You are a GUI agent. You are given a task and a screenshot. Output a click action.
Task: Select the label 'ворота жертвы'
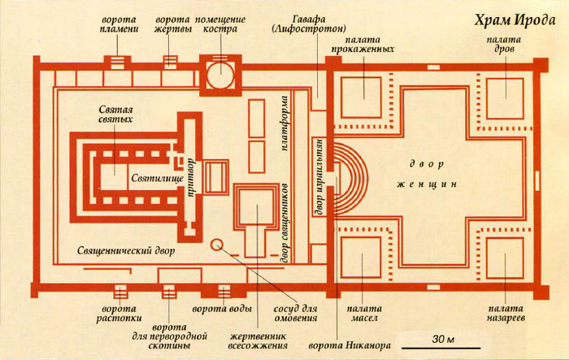(x=171, y=24)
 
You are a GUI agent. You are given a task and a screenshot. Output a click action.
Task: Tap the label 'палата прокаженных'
(x=363, y=43)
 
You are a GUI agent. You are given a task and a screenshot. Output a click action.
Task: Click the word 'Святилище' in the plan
(x=150, y=176)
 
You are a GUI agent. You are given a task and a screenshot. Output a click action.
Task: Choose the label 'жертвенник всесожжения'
(x=258, y=342)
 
